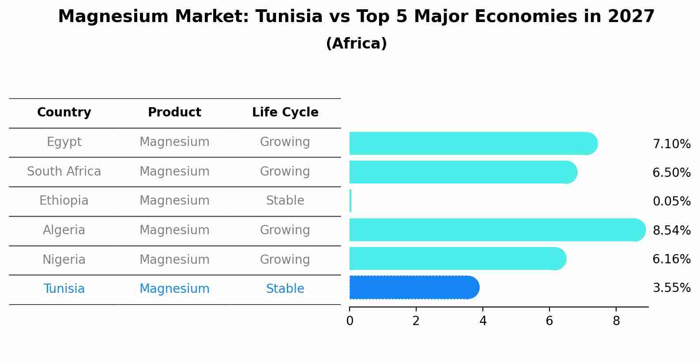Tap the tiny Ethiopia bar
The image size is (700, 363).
350,201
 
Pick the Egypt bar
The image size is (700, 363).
472,143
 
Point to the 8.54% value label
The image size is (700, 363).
671,230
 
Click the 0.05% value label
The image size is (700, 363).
671,202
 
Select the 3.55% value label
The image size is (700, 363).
671,288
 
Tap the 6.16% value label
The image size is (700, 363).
671,259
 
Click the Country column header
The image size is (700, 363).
64,112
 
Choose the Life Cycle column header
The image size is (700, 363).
285,112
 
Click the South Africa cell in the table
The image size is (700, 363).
64,171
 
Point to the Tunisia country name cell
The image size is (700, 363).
64,289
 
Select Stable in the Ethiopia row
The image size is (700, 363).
285,201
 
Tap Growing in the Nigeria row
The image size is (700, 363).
285,259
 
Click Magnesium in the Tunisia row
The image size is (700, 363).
174,289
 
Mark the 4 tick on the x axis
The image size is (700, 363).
483,321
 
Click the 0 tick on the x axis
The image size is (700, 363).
350,321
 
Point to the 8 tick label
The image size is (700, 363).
616,321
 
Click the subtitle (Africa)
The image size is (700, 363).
356,44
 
